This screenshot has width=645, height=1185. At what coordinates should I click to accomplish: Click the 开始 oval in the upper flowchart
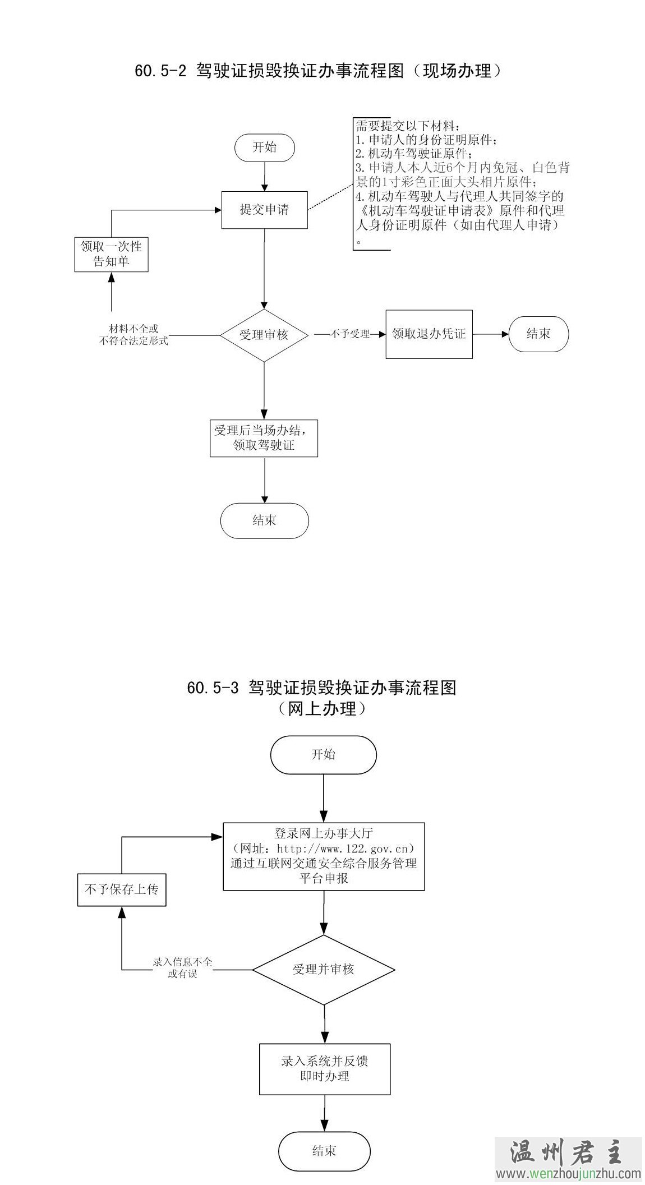(x=264, y=147)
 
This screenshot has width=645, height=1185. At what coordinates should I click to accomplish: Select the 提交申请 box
(x=264, y=210)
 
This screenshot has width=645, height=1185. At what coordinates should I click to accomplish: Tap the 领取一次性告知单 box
(x=111, y=254)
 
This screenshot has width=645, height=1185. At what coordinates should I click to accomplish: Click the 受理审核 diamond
(x=264, y=335)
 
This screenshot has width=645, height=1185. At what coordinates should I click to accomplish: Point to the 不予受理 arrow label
(x=350, y=334)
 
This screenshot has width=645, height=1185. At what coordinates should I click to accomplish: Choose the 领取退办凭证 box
(x=429, y=334)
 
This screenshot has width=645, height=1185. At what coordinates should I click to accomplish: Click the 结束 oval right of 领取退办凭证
(x=538, y=334)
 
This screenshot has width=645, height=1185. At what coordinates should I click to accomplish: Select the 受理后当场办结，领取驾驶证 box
(x=264, y=438)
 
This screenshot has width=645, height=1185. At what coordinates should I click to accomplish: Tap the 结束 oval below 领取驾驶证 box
(x=264, y=520)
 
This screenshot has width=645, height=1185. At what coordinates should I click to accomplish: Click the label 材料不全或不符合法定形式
(x=133, y=335)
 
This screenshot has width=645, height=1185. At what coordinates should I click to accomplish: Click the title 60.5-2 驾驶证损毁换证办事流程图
(x=317, y=71)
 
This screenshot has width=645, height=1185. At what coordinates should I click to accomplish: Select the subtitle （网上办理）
(x=322, y=709)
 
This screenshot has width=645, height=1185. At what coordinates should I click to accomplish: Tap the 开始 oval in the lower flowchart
(x=323, y=754)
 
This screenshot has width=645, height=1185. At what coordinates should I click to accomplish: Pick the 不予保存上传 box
(x=122, y=889)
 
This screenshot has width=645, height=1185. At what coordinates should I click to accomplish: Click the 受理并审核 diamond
(x=324, y=969)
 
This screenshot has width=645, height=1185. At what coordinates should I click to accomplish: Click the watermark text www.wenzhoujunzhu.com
(x=568, y=1173)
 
